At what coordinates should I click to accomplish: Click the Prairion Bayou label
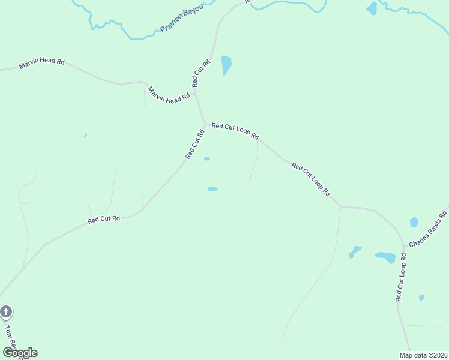[x=182, y=19]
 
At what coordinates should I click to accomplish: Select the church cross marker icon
[x=6, y=312]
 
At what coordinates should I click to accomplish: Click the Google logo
[x=20, y=353]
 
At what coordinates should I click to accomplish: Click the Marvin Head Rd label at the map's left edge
[x=41, y=64]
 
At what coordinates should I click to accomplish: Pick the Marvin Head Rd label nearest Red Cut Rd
[x=169, y=95]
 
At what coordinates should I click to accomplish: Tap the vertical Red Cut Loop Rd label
[x=401, y=277]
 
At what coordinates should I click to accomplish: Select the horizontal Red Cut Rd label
[x=104, y=220]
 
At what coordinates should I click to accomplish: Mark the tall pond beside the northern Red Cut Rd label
[x=226, y=65]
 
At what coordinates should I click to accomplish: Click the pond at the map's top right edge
[x=372, y=8]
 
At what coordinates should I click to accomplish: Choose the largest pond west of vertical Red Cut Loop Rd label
[x=385, y=257]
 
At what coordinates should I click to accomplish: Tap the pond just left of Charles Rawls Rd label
[x=414, y=222]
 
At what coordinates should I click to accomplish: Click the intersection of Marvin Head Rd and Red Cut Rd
[x=195, y=92]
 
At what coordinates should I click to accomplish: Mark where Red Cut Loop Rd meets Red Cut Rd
[x=206, y=125]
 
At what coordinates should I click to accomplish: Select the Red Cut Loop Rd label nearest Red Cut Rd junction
[x=235, y=130]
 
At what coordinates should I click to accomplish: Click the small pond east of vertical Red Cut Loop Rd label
[x=421, y=298]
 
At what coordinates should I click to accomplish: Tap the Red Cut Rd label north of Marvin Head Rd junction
[x=201, y=74]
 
